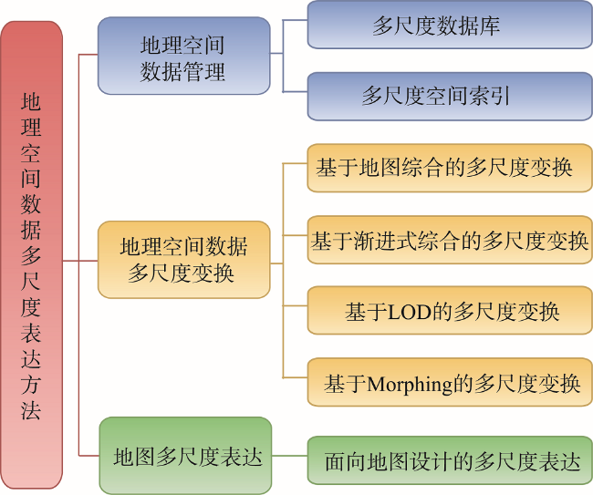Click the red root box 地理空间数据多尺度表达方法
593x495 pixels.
pos(31,254)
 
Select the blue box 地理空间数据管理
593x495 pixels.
pos(183,56)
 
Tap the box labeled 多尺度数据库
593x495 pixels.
pos(450,25)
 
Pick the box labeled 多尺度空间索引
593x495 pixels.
pos(450,97)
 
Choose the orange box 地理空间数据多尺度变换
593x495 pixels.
pos(183,260)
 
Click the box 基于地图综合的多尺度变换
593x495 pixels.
pos(450,168)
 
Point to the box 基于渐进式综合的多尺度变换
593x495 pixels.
pos(450,240)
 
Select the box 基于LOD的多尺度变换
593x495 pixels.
pos(450,311)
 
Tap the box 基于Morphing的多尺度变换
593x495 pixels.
pos(450,382)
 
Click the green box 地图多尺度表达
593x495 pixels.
pos(185,455)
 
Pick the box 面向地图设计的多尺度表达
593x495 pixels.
pos(450,460)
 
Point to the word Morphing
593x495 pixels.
pos(410,385)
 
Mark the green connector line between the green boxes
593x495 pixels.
pos(289,456)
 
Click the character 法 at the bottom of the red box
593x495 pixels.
pos(31,410)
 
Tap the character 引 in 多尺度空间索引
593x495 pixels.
pos(500,96)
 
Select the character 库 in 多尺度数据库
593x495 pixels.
pos(490,26)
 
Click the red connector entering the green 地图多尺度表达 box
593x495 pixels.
pos(89,456)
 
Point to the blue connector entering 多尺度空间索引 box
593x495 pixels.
pos(295,91)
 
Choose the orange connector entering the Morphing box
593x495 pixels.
pos(295,377)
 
